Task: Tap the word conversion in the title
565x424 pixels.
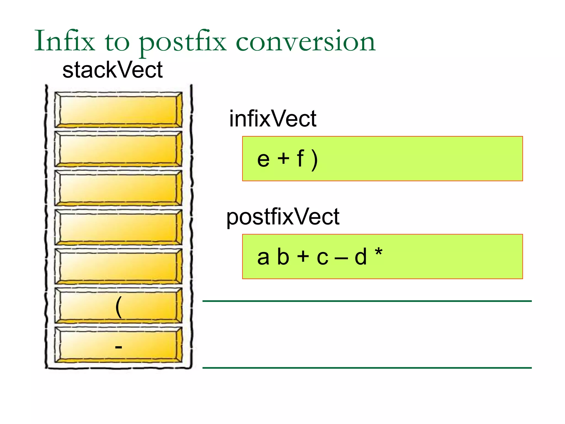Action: tap(305, 41)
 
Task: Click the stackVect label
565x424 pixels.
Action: tap(112, 70)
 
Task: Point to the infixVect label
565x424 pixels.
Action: tap(273, 119)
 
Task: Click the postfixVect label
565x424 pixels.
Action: tap(282, 217)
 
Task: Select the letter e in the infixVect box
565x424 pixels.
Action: tap(263, 160)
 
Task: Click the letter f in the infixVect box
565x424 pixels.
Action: tap(300, 158)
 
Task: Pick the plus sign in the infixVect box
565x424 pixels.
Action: tap(283, 159)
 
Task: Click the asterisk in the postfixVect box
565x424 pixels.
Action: tap(379, 252)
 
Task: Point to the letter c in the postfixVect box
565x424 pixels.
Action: tap(322, 258)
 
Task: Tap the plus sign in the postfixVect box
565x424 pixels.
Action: tap(303, 256)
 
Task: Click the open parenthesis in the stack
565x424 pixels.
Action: tap(119, 307)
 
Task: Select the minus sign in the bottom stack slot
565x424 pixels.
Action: tap(119, 347)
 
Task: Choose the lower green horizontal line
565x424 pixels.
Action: tap(367, 368)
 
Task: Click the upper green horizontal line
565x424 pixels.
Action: tap(367, 301)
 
